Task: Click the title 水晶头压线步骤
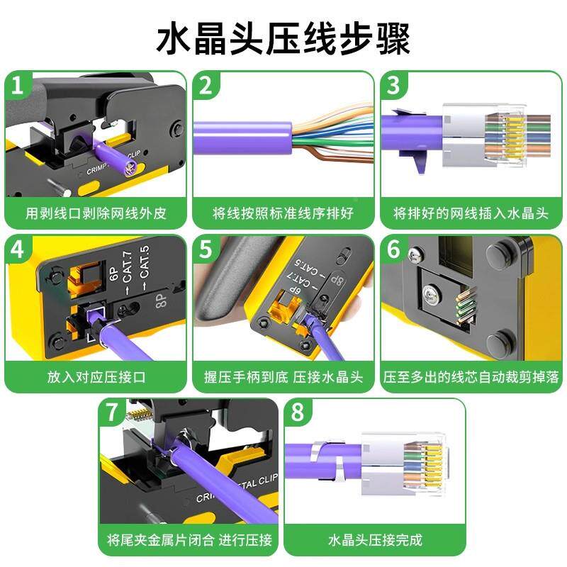tap(283, 40)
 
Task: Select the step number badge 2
tap(206, 86)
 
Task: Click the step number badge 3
tap(394, 86)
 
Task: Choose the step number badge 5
tap(206, 250)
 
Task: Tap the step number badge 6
tap(394, 250)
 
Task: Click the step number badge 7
tap(114, 414)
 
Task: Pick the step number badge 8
tap(301, 414)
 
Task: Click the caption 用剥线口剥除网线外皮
tap(96, 213)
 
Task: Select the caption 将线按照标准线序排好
tap(283, 213)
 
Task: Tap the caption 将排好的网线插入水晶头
tap(471, 213)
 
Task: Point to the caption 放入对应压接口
tap(96, 376)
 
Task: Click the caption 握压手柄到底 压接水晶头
tap(283, 376)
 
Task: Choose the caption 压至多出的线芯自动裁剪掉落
tap(471, 376)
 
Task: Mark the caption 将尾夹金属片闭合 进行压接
tap(189, 540)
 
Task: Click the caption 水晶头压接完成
tap(375, 540)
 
